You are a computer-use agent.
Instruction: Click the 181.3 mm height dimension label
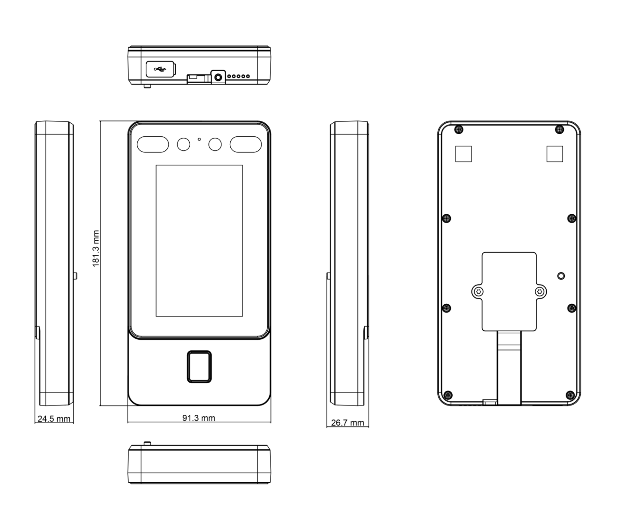pyautogui.click(x=96, y=248)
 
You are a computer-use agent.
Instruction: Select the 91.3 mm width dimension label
pyautogui.click(x=199, y=418)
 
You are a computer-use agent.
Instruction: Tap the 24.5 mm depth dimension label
pyautogui.click(x=54, y=419)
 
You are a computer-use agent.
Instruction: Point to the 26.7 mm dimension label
pyautogui.click(x=347, y=422)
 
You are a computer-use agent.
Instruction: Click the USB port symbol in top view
pyautogui.click(x=160, y=69)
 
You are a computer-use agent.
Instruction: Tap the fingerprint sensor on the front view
pyautogui.click(x=199, y=367)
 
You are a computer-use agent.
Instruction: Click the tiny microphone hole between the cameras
pyautogui.click(x=199, y=139)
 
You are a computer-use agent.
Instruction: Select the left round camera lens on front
pyautogui.click(x=183, y=144)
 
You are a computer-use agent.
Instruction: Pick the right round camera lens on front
pyautogui.click(x=215, y=144)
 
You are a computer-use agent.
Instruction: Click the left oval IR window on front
pyautogui.click(x=153, y=144)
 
